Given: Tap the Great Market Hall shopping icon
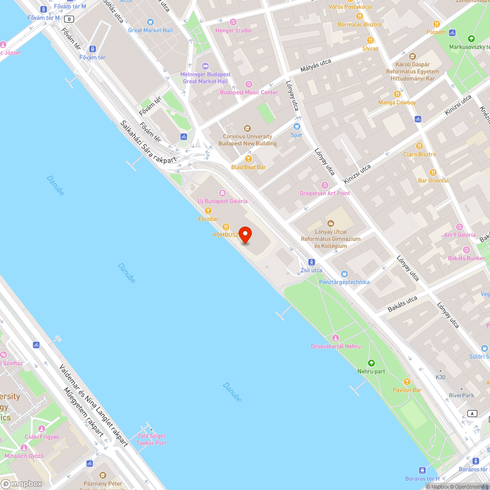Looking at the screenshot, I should [x=150, y=22].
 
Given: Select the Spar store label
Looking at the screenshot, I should [x=296, y=135].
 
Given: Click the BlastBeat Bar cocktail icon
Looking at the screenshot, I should [x=248, y=159].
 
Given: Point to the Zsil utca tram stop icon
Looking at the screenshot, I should [x=312, y=262].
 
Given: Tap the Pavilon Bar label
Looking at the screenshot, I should [x=407, y=390].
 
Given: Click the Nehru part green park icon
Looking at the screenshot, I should [x=371, y=363].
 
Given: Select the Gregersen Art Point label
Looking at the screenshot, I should [x=325, y=193].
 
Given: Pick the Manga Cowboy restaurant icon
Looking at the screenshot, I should [x=397, y=94].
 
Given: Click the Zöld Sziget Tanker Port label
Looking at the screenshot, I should [x=151, y=439].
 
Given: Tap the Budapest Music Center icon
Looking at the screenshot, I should [x=249, y=84].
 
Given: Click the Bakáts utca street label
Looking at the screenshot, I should [x=402, y=303].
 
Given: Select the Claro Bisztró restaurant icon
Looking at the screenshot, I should [x=419, y=146].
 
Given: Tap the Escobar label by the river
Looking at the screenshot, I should [x=208, y=219].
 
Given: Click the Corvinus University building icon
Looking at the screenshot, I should [x=247, y=128].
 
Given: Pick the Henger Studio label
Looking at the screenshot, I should [x=234, y=30].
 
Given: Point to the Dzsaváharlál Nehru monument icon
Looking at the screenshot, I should [x=336, y=338].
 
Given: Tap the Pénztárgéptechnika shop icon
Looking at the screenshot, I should [x=344, y=274].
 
